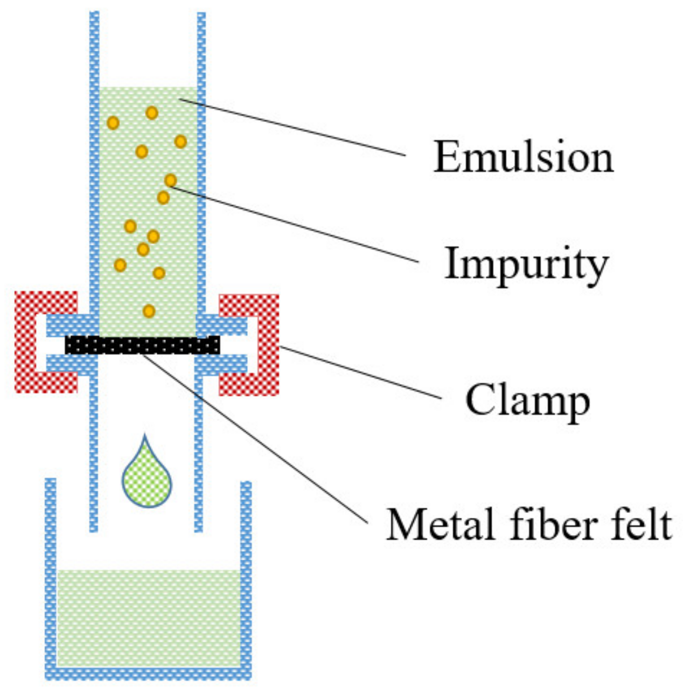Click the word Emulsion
coord(523,157)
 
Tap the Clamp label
coord(527,401)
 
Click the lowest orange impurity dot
coord(149,311)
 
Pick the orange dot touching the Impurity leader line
coord(170,180)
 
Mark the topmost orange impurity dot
coord(152,113)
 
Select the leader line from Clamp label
coord(361,372)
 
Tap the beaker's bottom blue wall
coord(148,674)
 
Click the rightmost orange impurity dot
coord(180,142)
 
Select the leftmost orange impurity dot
coord(113,123)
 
